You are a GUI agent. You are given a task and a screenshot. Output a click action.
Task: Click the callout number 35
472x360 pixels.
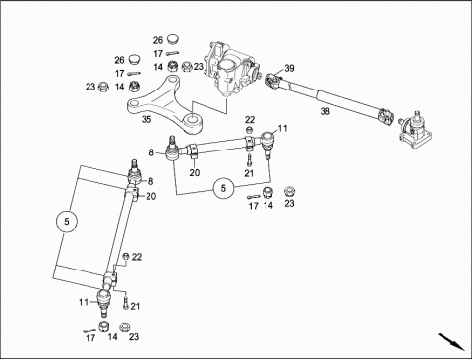pyautogui.click(x=147, y=119)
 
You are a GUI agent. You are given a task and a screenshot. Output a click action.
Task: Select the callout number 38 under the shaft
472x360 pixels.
pyautogui.click(x=324, y=111)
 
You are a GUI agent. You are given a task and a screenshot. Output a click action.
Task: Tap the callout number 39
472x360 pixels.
pyautogui.click(x=289, y=68)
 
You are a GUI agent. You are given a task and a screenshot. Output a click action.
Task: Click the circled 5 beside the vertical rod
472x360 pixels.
pyautogui.click(x=67, y=222)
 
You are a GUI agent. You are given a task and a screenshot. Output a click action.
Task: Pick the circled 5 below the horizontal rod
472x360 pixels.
pyautogui.click(x=223, y=189)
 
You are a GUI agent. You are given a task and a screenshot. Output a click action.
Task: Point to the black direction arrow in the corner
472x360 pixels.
pyautogui.click(x=451, y=342)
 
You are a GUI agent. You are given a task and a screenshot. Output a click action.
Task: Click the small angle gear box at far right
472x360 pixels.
pyautogui.click(x=415, y=131)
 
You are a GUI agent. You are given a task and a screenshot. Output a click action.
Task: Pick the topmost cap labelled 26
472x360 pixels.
pyautogui.click(x=173, y=40)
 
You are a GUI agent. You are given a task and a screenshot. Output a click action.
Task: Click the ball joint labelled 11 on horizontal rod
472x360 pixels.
pyautogui.click(x=267, y=145)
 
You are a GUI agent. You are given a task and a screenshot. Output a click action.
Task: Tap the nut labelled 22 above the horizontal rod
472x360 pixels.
pyautogui.click(x=249, y=129)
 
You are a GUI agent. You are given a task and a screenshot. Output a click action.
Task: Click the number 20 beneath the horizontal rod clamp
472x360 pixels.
pyautogui.click(x=195, y=172)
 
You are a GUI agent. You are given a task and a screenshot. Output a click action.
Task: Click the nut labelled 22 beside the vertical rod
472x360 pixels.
pyautogui.click(x=126, y=256)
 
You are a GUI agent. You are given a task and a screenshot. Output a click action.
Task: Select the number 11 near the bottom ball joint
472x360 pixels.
pyautogui.click(x=84, y=302)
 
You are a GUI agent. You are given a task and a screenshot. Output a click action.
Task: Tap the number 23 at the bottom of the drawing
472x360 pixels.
pyautogui.click(x=134, y=337)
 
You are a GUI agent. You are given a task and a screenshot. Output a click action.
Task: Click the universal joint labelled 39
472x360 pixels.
pyautogui.click(x=273, y=81)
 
